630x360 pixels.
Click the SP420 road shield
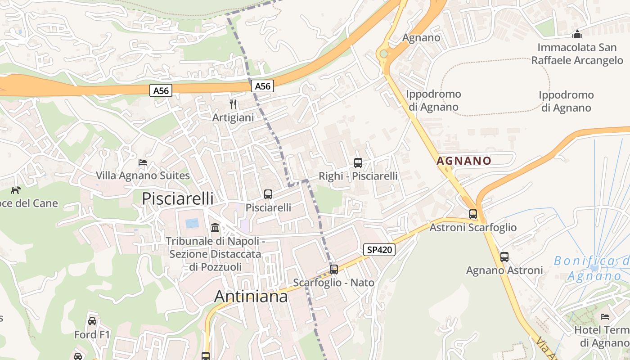point(379,250)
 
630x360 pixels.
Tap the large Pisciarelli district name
point(177,198)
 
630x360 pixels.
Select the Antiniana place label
point(251,296)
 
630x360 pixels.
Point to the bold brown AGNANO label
point(463,161)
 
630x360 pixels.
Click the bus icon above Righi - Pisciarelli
point(358,163)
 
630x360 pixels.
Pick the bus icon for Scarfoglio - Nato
point(333,269)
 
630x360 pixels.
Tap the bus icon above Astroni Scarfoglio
point(472,214)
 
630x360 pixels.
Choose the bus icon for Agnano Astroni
point(504,257)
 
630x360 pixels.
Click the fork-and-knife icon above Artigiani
point(233,104)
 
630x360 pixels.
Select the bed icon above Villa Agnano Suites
point(143,162)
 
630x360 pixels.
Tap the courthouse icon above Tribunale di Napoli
point(215,227)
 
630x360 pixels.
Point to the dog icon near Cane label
point(16,190)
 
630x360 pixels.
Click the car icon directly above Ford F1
point(92,321)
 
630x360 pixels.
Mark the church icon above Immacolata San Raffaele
point(577,34)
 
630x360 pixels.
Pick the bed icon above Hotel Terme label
point(604,317)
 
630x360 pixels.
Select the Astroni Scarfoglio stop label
point(473,227)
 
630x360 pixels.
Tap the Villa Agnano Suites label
point(143,175)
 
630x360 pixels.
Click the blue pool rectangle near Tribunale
point(192,223)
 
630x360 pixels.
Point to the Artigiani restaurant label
point(233,117)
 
